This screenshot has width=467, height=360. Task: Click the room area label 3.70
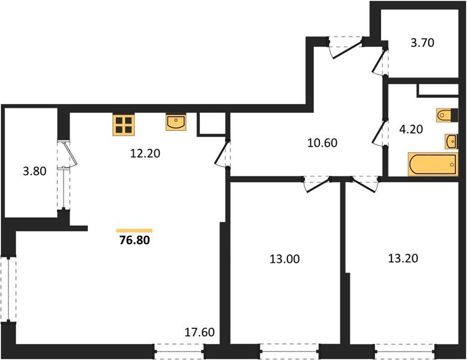(x=421, y=43)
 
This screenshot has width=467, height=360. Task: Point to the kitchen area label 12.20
(x=144, y=152)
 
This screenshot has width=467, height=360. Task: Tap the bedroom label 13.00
(x=285, y=259)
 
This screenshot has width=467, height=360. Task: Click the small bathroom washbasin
(x=451, y=142)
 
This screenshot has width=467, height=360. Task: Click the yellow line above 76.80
(x=134, y=230)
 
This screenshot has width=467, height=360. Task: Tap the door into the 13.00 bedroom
(x=316, y=184)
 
